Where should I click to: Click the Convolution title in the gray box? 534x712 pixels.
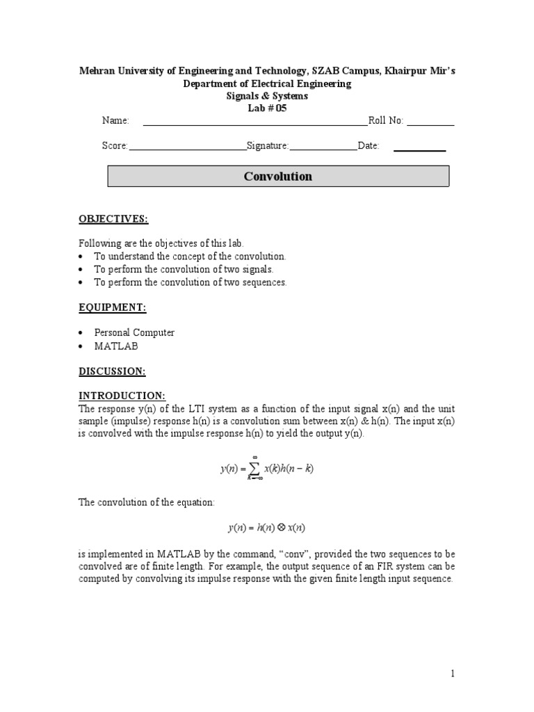[x=277, y=177]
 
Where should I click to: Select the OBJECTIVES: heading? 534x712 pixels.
[x=113, y=219]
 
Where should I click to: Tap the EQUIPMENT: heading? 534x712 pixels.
[x=112, y=307]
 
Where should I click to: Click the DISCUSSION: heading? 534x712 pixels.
[x=112, y=372]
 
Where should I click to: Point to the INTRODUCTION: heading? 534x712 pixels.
[x=122, y=396]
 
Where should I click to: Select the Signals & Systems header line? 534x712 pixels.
[x=267, y=96]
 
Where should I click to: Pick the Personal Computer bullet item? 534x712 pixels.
[x=134, y=332]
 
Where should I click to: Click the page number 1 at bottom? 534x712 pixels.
[x=451, y=673]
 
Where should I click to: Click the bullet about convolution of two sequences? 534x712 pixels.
[x=191, y=282]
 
